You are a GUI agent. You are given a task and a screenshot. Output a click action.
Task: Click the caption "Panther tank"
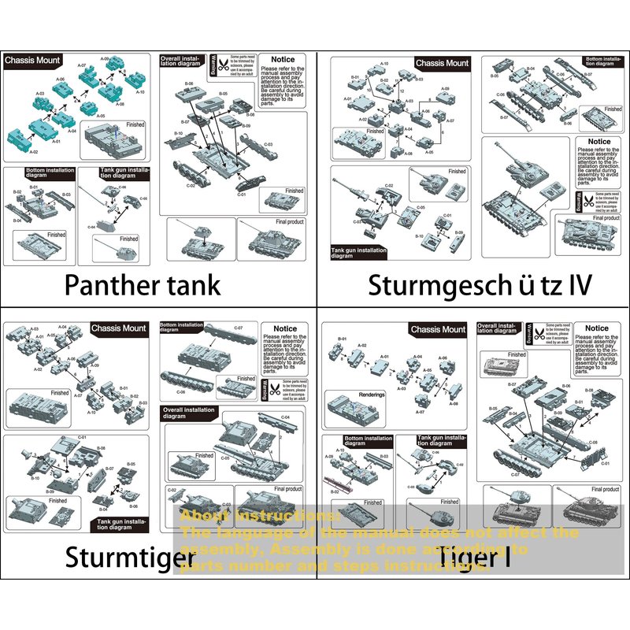coord(142,284)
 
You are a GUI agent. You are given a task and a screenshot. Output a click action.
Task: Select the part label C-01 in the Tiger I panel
coord(606,463)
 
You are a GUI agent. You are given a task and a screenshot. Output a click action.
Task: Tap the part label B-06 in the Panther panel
coord(189,84)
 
